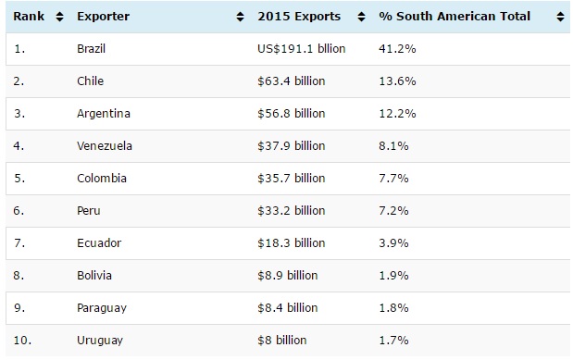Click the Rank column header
[29, 17]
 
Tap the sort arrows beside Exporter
[240, 17]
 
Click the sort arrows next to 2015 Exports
[361, 17]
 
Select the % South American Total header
[455, 17]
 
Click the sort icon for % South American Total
[560, 17]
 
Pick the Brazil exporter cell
[91, 49]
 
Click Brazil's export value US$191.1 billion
[301, 49]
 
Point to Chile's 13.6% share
[397, 81]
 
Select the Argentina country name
[104, 114]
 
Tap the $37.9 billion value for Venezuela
[292, 146]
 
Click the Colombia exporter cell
[102, 179]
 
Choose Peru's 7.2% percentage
[393, 210]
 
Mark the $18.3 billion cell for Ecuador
[292, 243]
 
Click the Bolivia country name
[94, 275]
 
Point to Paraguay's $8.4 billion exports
[288, 308]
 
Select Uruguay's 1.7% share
[393, 341]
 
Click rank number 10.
[22, 341]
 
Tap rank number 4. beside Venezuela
[19, 146]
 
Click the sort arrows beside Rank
[59, 17]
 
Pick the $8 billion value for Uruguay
[282, 341]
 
